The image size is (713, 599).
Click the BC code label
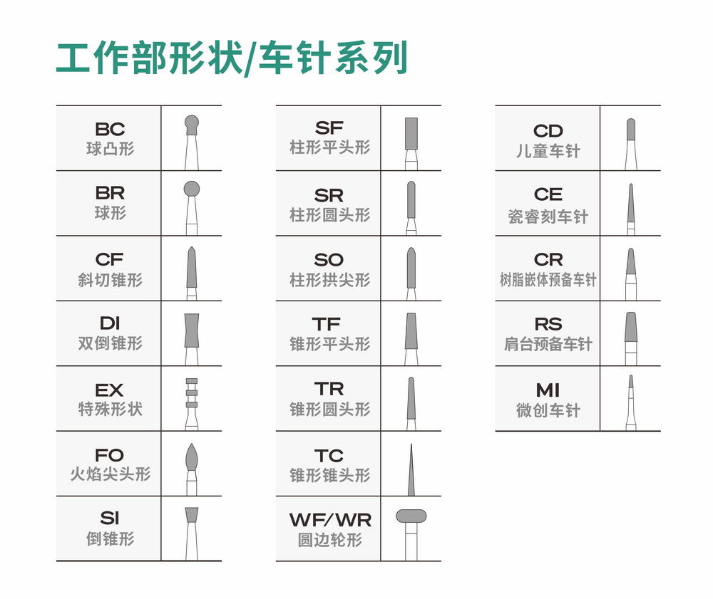click(110, 129)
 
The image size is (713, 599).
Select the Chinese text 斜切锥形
click(110, 280)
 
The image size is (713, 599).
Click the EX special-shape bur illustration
click(191, 402)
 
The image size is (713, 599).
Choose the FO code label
click(110, 454)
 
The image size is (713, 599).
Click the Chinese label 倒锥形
click(110, 539)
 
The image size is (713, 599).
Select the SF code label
click(329, 128)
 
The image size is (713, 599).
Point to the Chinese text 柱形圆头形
click(329, 214)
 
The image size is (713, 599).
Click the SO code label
click(329, 260)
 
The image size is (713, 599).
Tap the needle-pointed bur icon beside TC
click(411, 470)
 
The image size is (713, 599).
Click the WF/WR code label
click(330, 520)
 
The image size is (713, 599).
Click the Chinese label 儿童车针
click(548, 151)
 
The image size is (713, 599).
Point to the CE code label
click(548, 194)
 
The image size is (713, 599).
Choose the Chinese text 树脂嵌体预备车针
click(548, 280)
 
